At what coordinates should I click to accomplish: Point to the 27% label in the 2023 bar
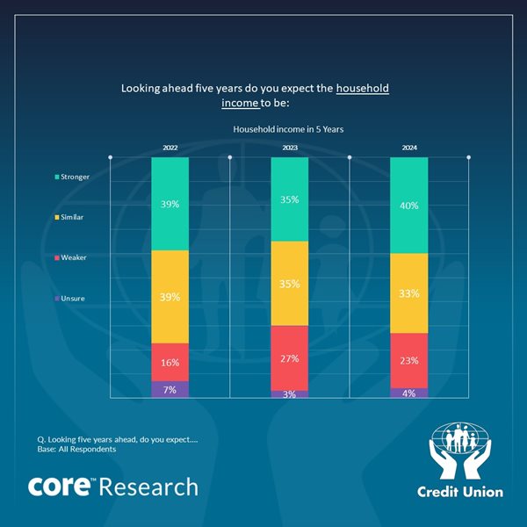290,358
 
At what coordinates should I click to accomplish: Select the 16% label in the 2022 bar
170,362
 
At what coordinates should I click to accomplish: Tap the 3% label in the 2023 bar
290,394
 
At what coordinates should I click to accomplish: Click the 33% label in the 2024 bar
409,294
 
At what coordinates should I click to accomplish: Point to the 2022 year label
170,148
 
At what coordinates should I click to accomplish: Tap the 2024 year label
409,148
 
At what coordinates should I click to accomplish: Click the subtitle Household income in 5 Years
288,129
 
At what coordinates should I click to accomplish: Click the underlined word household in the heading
363,89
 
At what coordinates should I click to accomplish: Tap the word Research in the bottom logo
149,487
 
